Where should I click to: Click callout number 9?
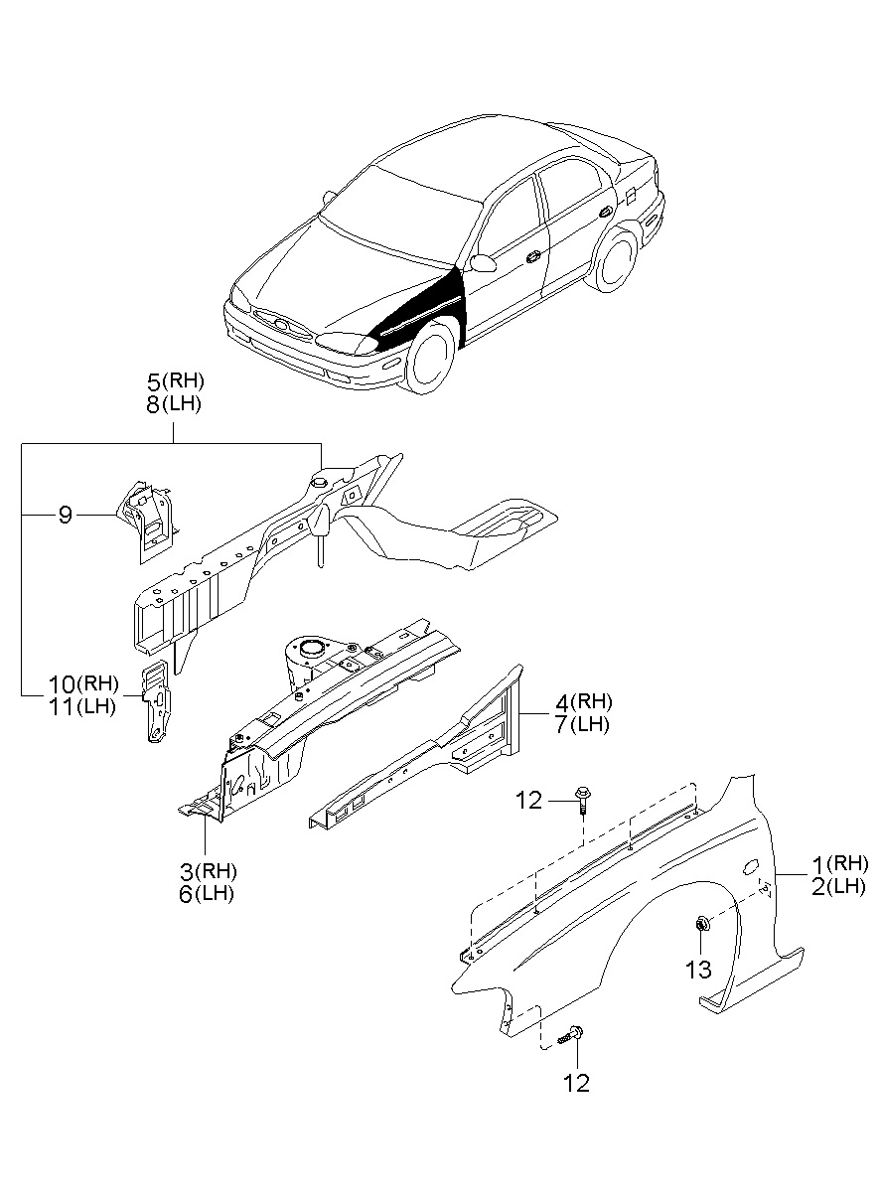point(65,515)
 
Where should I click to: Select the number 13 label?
point(700,969)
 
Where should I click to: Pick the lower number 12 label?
point(576,1082)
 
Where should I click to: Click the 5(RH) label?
point(175,380)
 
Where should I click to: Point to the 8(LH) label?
point(175,404)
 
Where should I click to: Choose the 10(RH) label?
point(83,683)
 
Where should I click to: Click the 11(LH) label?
point(83,707)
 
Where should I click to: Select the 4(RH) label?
point(583,701)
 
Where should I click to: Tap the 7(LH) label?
point(583,724)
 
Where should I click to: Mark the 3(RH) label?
point(208,870)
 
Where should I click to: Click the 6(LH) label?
point(208,893)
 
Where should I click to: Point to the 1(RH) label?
point(840,862)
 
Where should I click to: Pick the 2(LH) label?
point(840,886)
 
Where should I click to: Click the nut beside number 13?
point(700,926)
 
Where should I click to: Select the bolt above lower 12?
point(571,1035)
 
